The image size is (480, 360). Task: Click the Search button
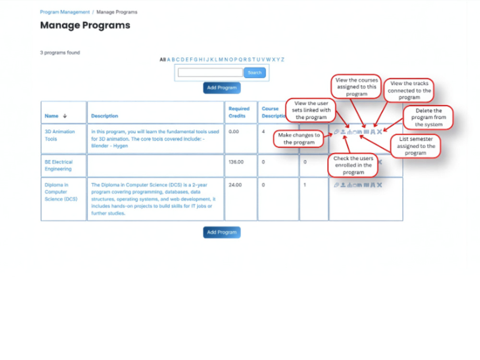coord(254,72)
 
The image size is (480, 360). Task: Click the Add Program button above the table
coord(222,88)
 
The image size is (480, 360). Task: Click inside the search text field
coord(210,72)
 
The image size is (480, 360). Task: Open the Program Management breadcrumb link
coord(65,12)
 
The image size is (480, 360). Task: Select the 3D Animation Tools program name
coord(60,135)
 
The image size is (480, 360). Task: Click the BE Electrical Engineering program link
coord(59,165)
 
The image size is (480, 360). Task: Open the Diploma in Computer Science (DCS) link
coord(61,192)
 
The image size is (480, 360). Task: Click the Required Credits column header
coord(239,112)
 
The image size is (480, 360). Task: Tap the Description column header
coord(104,116)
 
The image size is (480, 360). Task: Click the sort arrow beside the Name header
coord(65,116)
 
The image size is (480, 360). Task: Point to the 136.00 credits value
coord(236,162)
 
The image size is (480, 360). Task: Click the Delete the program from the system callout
coord(428,118)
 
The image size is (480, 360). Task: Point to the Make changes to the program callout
coord(299,139)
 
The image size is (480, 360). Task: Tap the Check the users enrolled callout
coord(353,165)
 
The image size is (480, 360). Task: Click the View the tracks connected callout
coord(409,90)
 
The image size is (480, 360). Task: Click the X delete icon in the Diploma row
coord(380,185)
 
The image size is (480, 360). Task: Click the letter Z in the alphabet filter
coord(283,60)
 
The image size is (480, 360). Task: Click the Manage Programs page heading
coord(85,25)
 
